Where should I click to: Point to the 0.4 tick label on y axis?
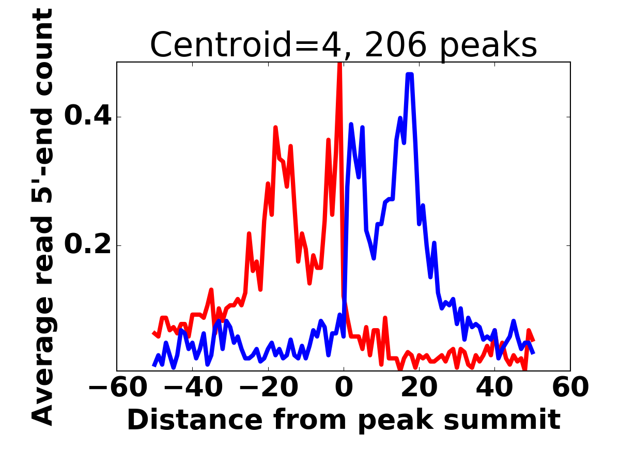[x=87, y=117]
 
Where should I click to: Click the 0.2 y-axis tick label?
[x=87, y=245]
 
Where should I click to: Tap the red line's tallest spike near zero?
[x=339, y=64]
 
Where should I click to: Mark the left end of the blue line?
[x=154, y=365]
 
